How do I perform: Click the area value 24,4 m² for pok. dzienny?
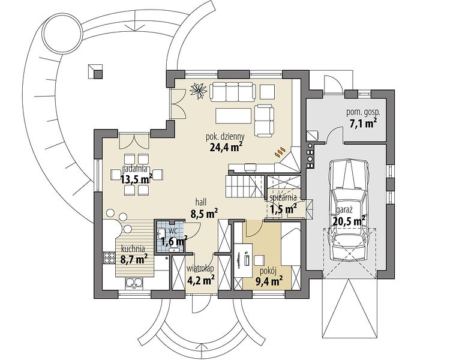(x=226, y=147)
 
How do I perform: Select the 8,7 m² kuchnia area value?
(x=134, y=260)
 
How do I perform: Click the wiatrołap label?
(x=200, y=268)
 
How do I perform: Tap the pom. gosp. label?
(x=363, y=113)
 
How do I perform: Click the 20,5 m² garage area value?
(x=349, y=221)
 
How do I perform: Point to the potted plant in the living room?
(x=199, y=91)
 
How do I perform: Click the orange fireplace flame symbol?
(x=280, y=152)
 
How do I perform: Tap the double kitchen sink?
(x=134, y=283)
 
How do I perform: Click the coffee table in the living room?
(x=233, y=116)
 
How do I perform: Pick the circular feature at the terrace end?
(x=62, y=32)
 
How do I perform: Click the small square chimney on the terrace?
(x=95, y=71)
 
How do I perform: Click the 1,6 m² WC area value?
(x=174, y=241)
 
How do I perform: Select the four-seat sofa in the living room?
(x=233, y=92)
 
